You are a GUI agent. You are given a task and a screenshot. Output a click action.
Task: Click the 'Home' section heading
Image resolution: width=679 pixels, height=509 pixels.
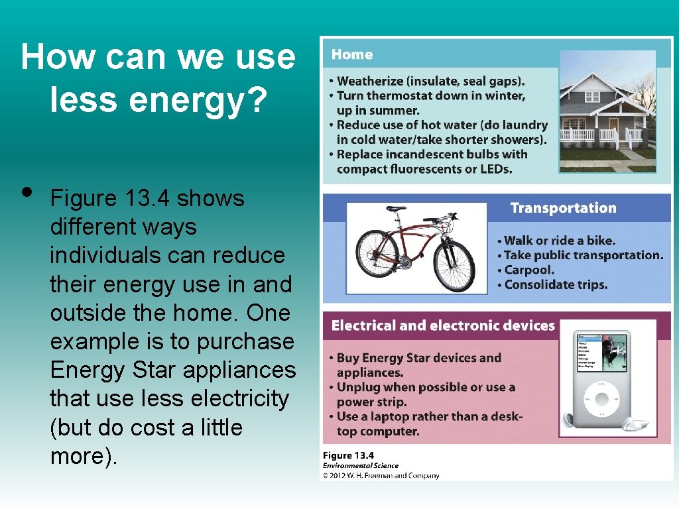click(352, 55)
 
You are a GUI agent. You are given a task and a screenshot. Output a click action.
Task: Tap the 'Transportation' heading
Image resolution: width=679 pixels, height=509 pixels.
click(563, 208)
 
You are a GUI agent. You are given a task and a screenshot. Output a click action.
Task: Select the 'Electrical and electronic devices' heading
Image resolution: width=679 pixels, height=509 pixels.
click(442, 325)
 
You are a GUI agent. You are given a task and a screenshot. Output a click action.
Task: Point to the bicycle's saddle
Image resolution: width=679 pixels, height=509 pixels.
click(395, 209)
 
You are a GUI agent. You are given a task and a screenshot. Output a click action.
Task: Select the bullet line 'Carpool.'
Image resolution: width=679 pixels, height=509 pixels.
click(528, 270)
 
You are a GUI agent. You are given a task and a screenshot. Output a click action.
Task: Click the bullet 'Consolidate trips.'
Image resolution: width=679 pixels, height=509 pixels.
click(556, 285)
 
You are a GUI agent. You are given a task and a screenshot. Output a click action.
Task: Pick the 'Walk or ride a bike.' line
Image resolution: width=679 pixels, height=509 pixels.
click(559, 241)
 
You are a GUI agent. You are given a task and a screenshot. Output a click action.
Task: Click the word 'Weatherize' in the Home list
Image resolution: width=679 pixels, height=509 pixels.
click(370, 82)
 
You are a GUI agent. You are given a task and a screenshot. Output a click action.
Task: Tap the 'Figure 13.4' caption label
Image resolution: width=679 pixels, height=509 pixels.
click(348, 455)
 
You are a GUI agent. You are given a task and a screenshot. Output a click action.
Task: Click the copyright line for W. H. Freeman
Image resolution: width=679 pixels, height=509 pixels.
click(381, 475)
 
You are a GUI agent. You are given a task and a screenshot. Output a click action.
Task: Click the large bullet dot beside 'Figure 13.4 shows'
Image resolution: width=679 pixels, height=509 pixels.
click(27, 192)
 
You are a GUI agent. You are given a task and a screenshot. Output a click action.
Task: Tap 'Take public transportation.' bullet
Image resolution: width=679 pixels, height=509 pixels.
click(584, 255)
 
